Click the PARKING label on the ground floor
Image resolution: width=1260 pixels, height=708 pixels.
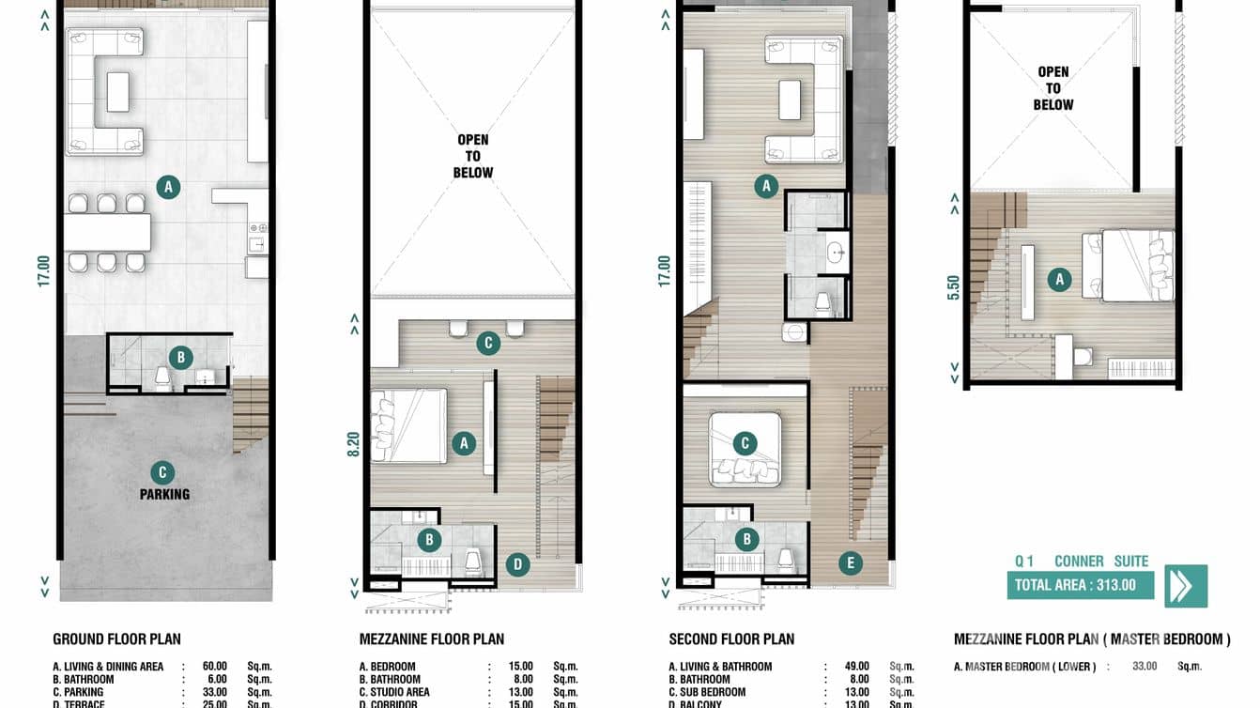[x=165, y=494]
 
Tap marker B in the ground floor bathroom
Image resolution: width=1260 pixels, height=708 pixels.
[x=180, y=357]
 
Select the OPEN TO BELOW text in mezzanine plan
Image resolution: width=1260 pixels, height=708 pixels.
[x=472, y=156]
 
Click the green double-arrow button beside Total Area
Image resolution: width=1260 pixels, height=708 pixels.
[x=1186, y=585]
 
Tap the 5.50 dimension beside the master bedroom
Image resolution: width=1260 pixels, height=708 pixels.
[x=954, y=286]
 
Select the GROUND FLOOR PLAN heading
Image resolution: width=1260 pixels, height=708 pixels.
[x=116, y=639]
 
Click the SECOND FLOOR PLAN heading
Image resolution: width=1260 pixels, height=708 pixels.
[x=731, y=639]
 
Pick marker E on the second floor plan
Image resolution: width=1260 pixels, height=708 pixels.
[x=850, y=563]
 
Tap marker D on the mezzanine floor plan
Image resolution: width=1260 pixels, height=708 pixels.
[x=516, y=564]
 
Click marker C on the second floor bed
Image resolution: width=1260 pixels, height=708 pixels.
[x=745, y=443]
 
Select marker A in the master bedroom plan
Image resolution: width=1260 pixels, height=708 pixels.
[x=1059, y=279]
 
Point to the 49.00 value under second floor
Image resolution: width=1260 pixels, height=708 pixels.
[x=856, y=667]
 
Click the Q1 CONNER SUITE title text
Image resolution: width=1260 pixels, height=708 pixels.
[x=1082, y=562]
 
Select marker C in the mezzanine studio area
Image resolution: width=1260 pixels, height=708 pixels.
[x=487, y=343]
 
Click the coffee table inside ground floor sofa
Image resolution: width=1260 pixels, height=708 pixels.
[x=118, y=91]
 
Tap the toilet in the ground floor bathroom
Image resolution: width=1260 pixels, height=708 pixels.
[x=163, y=377]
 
